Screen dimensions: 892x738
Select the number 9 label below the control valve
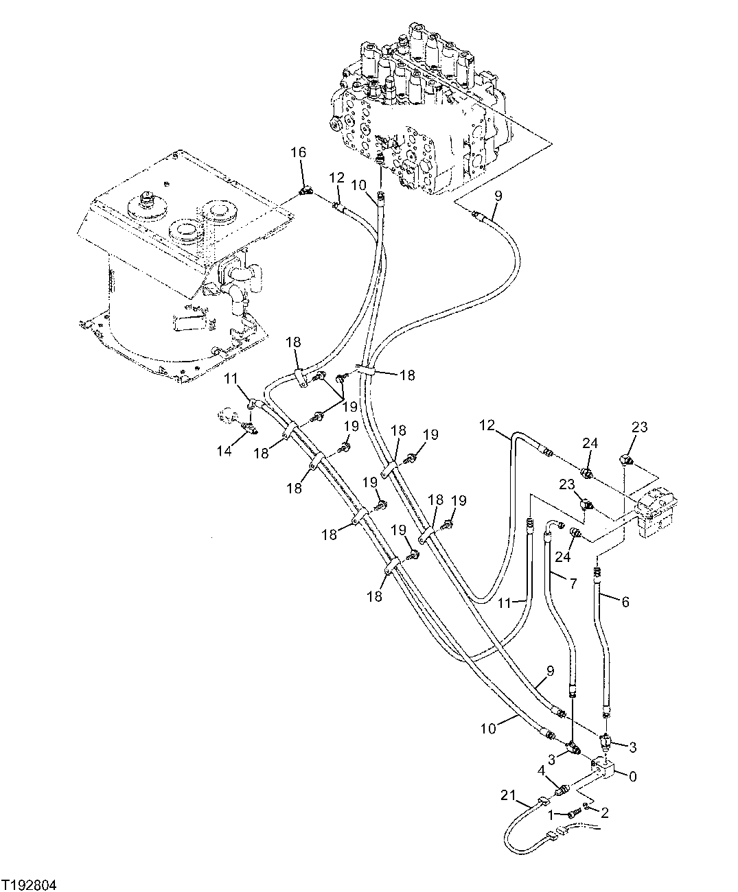click(x=498, y=195)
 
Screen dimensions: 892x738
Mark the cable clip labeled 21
click(x=544, y=801)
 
